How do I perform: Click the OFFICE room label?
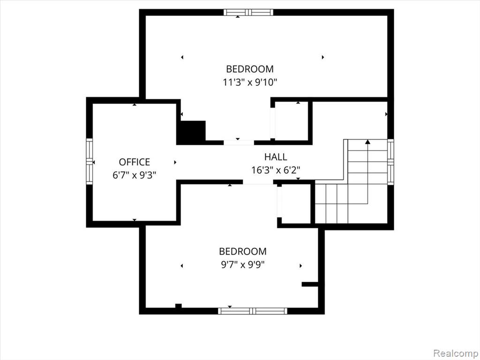[135, 162]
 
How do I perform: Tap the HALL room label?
[276, 157]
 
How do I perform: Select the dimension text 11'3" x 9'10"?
[250, 82]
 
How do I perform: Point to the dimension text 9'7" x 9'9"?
[243, 264]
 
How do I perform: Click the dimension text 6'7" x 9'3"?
[135, 175]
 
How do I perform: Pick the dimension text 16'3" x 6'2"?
[276, 170]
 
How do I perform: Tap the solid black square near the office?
[191, 132]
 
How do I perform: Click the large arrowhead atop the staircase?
[367, 142]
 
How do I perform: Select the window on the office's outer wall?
[89, 161]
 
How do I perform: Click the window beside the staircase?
[390, 162]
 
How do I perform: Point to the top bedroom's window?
[248, 12]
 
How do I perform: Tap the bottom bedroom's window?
[253, 311]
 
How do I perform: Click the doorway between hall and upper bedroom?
[239, 142]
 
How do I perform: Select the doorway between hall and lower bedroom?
[258, 182]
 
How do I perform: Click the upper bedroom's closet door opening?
[273, 123]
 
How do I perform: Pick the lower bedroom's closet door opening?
[279, 202]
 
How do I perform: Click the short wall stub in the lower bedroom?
[310, 285]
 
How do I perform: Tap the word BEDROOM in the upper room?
[250, 69]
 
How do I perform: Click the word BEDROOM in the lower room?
[243, 251]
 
